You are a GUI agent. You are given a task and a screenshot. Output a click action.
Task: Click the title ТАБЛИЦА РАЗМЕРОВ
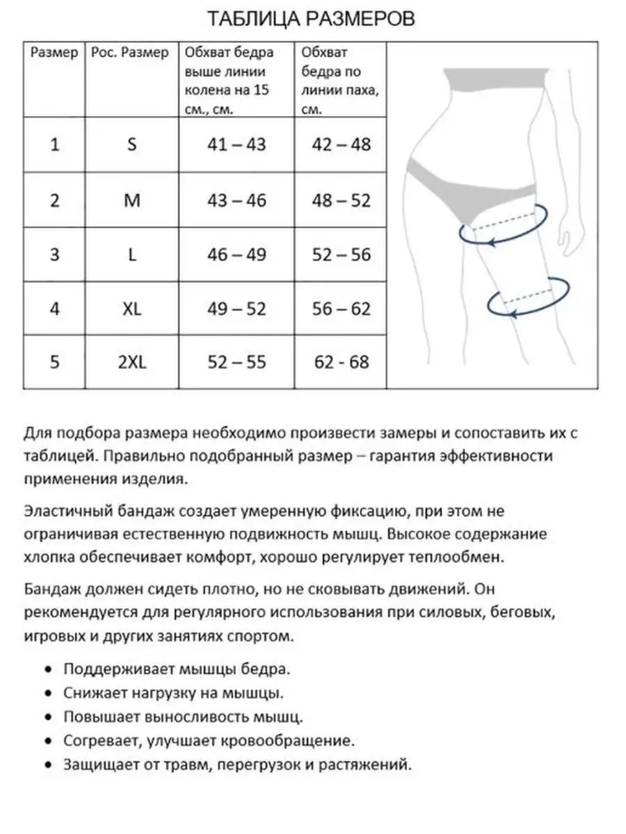pos(312,19)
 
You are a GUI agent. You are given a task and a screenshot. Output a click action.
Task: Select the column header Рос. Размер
pos(130,54)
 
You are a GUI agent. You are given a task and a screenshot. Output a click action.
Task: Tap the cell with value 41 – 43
pos(236,145)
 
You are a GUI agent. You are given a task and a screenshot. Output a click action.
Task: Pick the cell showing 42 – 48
pos(342,145)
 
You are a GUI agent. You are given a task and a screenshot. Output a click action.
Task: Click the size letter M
pos(131,200)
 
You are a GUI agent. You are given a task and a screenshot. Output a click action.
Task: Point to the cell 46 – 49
pos(236,254)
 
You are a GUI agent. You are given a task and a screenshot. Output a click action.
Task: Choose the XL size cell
pos(131,309)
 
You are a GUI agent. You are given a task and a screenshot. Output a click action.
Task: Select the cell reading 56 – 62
pos(342,309)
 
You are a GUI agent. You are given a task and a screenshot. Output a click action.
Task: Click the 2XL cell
pos(131,362)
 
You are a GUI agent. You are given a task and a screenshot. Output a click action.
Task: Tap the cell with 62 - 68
pos(342,362)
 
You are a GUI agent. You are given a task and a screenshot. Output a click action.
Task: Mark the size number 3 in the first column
pos(55,254)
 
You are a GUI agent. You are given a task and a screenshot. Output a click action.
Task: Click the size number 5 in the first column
pos(55,362)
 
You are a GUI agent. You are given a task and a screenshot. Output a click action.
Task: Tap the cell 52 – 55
pos(236,362)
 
